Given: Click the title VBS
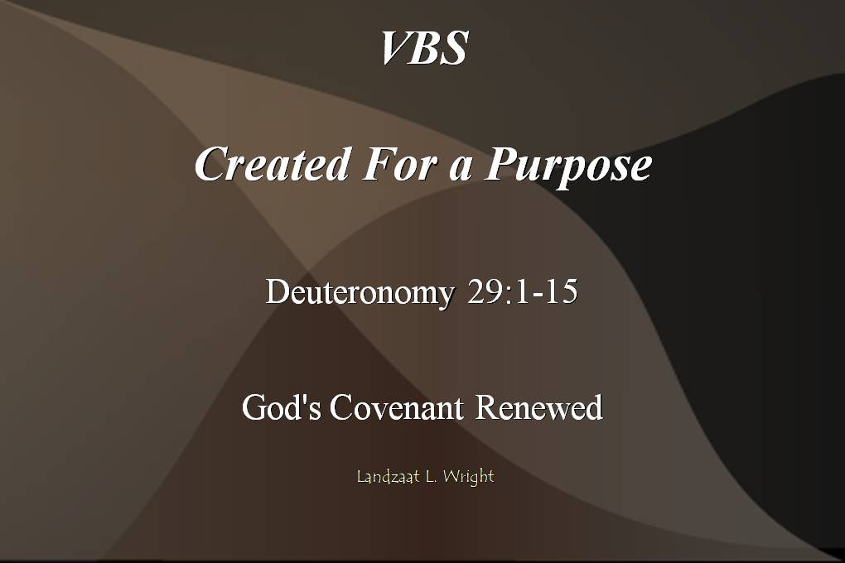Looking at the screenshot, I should pos(423,48).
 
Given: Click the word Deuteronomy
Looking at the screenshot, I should pos(360,293).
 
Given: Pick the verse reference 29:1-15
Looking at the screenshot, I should pos(522,293).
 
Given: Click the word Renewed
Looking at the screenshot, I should pos(538,408).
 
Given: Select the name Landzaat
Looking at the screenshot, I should pos(387,477).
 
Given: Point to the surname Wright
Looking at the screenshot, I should pos(468,477).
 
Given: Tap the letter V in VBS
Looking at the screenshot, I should pos(394,48).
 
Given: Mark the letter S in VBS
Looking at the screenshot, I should pos(454,48).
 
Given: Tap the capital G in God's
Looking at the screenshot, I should pos(254,408).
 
